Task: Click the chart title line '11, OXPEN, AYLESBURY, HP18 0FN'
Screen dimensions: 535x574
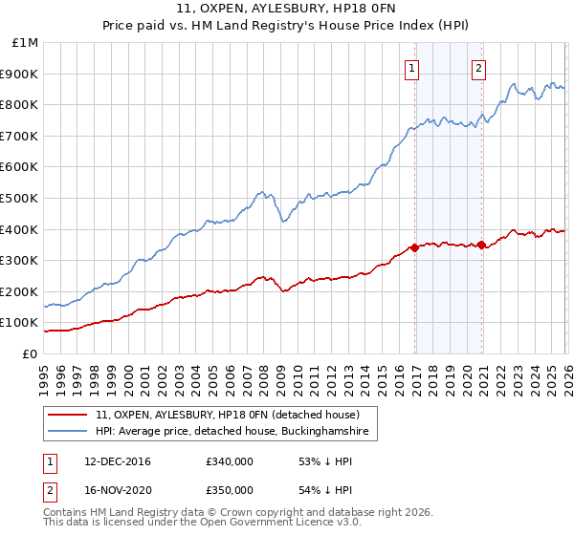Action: click(287, 11)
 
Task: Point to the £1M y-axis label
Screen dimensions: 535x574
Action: click(26, 42)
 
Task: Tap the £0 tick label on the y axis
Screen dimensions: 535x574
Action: click(32, 353)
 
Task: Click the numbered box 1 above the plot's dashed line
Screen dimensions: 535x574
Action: click(412, 67)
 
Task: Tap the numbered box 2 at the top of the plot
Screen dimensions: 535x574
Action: click(478, 67)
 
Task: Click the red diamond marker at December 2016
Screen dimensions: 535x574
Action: click(414, 247)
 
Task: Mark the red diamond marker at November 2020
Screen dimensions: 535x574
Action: click(480, 245)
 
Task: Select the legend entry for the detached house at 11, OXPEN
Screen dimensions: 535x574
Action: click(227, 416)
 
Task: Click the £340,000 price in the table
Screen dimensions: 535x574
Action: click(229, 461)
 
